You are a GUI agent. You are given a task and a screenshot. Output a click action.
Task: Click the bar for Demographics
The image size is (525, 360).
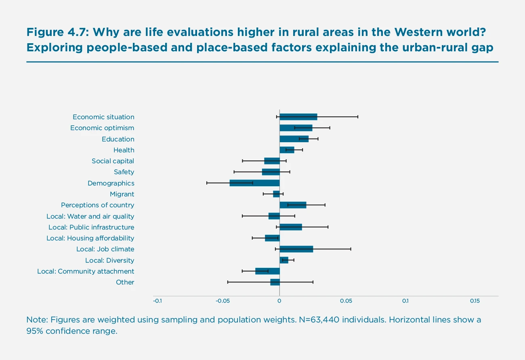click(254, 183)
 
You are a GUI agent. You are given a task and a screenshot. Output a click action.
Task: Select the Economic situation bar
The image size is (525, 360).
click(298, 117)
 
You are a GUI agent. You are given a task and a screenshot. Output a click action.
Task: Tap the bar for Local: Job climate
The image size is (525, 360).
click(296, 249)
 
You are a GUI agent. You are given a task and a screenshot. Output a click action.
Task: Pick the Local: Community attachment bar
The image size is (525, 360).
click(267, 271)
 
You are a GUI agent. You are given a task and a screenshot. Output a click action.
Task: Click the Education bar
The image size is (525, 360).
click(294, 139)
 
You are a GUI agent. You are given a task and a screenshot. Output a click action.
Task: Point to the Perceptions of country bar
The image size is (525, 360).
click(293, 205)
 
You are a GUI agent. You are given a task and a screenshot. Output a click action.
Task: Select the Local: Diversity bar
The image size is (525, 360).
click(284, 260)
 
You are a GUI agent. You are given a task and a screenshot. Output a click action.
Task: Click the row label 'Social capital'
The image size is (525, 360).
click(113, 161)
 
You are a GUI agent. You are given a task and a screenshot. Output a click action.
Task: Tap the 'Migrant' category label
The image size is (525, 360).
click(122, 194)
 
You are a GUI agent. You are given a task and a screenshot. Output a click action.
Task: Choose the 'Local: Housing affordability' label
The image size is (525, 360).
click(90, 238)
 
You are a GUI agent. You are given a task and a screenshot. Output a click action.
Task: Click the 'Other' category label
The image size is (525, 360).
click(125, 282)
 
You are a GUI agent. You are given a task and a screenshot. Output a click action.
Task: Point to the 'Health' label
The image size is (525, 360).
click(124, 150)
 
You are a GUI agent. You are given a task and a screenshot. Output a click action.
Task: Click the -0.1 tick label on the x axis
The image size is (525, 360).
click(157, 301)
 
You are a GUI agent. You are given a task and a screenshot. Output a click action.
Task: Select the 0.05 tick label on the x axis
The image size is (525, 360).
click(346, 301)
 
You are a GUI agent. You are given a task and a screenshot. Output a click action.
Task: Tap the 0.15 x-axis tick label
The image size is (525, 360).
click(475, 301)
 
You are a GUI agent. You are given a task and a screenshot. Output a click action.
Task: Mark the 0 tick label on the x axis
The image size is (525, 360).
click(279, 301)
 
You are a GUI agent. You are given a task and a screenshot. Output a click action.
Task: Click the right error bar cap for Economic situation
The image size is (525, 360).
click(358, 117)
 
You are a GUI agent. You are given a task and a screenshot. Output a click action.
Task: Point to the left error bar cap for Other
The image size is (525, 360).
click(228, 282)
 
